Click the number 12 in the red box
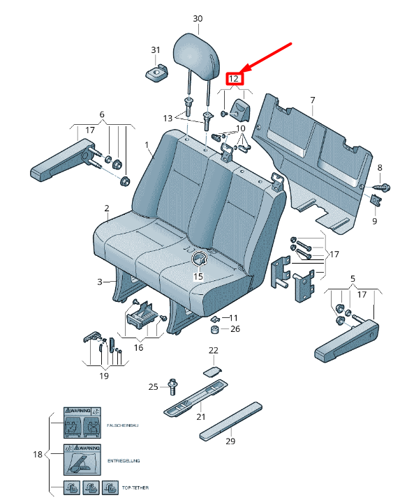pos(235,79)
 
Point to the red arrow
pos(268,59)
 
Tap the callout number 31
pos(155,50)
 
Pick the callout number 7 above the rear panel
pos(312,100)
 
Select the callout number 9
pos(373,221)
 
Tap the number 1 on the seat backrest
pos(148,145)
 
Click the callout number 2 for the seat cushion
pos(107,208)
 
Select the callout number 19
pos(103,376)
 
